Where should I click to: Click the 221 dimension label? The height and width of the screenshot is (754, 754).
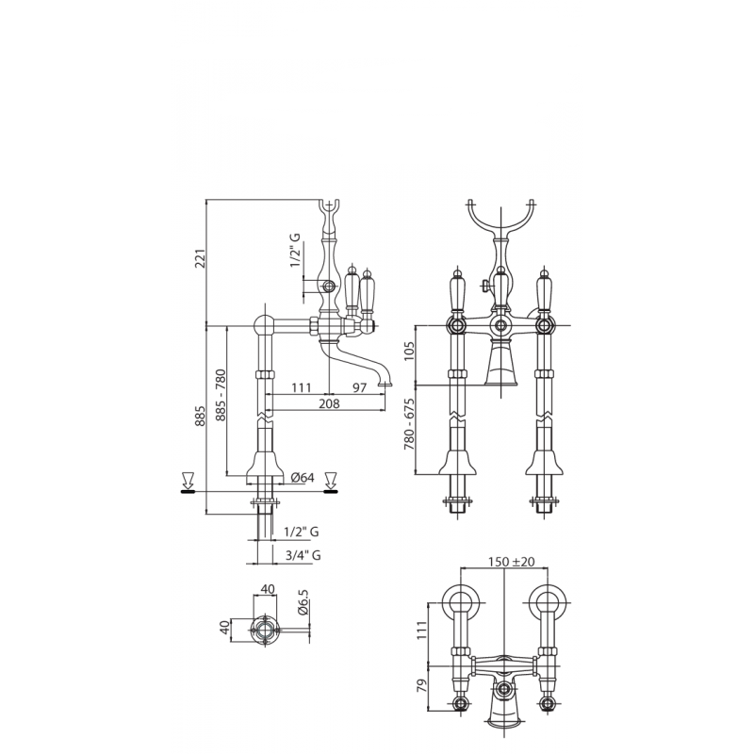[x=202, y=258]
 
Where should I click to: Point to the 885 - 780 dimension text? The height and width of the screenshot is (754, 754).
[x=221, y=395]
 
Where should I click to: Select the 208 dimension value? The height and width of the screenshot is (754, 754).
[x=329, y=403]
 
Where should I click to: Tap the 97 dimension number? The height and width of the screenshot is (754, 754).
[x=360, y=387]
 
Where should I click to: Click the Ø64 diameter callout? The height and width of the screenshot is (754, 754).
[x=303, y=477]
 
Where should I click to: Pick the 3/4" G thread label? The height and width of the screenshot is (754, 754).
[x=303, y=555]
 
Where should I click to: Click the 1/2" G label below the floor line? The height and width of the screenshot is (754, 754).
[x=302, y=532]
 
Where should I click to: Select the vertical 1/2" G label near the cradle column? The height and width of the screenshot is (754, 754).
[x=295, y=250]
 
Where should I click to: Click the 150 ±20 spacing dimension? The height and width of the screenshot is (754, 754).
[x=511, y=562]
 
